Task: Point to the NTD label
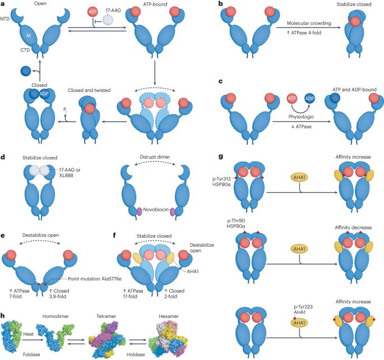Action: tap(7, 19)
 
